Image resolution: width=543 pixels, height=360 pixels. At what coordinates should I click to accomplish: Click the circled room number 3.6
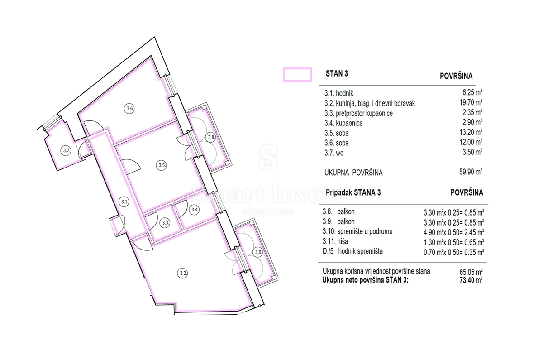129,108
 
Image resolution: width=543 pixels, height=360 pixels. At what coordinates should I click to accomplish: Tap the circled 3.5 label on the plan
161,165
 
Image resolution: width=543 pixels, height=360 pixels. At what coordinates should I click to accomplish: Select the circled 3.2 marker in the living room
182,274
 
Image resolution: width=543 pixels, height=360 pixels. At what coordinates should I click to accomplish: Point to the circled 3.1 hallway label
124,202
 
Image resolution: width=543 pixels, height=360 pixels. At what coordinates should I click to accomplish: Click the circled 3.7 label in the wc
66,151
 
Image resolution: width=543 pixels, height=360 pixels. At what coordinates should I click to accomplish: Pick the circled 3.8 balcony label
211,137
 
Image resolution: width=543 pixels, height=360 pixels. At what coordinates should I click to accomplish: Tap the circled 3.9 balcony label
258,252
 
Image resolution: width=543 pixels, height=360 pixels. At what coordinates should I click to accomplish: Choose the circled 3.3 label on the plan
165,222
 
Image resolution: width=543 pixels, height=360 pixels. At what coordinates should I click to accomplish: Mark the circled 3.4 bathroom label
195,209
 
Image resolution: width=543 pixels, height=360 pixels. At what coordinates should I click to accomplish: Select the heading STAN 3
337,73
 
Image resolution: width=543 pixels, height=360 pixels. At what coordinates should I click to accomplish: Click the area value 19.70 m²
471,102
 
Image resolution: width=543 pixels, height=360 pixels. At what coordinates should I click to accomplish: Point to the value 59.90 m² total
471,172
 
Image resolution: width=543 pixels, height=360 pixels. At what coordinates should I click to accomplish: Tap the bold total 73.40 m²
471,280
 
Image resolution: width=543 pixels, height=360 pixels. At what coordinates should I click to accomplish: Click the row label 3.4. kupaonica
343,123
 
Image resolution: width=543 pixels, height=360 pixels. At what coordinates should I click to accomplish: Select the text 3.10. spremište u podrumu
357,231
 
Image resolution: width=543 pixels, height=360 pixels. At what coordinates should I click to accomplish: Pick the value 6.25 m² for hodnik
472,92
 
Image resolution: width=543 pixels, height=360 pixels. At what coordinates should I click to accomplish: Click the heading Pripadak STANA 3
353,192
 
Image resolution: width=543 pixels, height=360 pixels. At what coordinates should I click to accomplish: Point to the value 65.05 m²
471,271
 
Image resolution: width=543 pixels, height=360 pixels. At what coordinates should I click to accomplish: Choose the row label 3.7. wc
334,153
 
